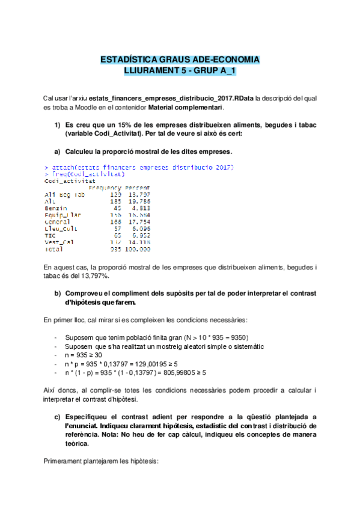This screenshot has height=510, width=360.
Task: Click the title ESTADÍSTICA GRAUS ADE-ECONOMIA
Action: pyautogui.click(x=180, y=60)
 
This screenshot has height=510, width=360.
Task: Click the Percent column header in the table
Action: pyautogui.click(x=138, y=187)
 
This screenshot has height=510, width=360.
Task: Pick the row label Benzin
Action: pyautogui.click(x=57, y=208)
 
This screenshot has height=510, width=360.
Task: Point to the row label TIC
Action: pyautogui.click(x=50, y=235)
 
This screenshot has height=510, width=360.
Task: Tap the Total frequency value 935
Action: pyautogui.click(x=115, y=249)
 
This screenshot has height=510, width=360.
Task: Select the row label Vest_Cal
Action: pyautogui.click(x=59, y=242)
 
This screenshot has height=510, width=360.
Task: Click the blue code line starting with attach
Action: pyautogui.click(x=139, y=167)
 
